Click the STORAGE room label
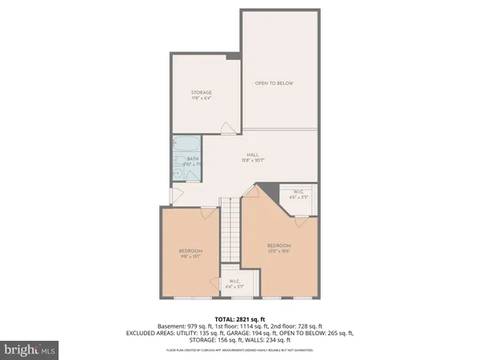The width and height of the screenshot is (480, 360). click(x=201, y=93)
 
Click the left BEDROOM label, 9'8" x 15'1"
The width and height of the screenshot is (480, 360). click(x=190, y=254)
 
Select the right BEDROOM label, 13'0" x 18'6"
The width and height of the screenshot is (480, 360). click(x=278, y=247)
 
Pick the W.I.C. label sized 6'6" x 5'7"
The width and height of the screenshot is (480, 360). click(x=235, y=283)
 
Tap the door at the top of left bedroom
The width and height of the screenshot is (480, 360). click(x=206, y=210)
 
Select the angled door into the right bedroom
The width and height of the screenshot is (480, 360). click(x=252, y=192)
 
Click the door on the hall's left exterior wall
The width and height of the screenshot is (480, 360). click(x=176, y=195)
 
